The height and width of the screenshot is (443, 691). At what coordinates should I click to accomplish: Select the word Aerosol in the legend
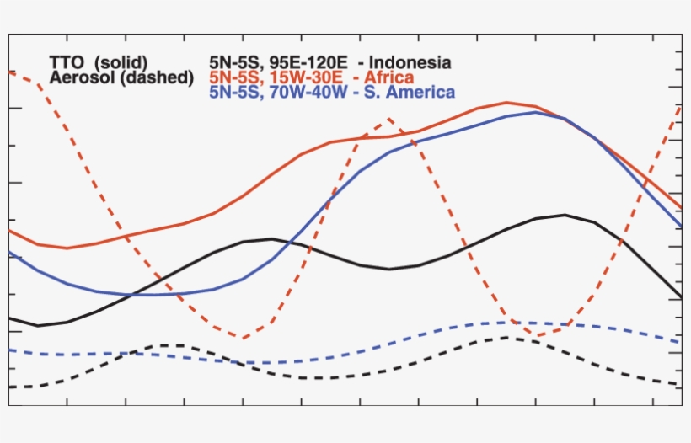tap(83, 77)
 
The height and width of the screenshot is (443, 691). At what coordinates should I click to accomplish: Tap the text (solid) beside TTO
tap(121, 62)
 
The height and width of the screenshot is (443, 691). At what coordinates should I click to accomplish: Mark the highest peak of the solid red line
tap(506, 103)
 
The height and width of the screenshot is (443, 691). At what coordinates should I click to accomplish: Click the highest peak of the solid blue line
tap(536, 112)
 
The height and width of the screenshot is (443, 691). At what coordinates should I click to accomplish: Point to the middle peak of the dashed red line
tap(389, 119)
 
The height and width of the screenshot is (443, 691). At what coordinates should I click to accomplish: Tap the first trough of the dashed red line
tap(243, 339)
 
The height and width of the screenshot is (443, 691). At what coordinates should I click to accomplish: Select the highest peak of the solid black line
tap(565, 215)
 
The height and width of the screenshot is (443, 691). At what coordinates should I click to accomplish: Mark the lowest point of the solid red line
tap(67, 248)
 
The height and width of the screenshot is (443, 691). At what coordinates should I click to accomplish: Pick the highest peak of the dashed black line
tap(506, 338)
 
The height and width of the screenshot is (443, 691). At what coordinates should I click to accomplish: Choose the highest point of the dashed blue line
tap(514, 323)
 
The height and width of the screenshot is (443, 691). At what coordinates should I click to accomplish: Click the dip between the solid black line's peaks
tap(389, 270)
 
